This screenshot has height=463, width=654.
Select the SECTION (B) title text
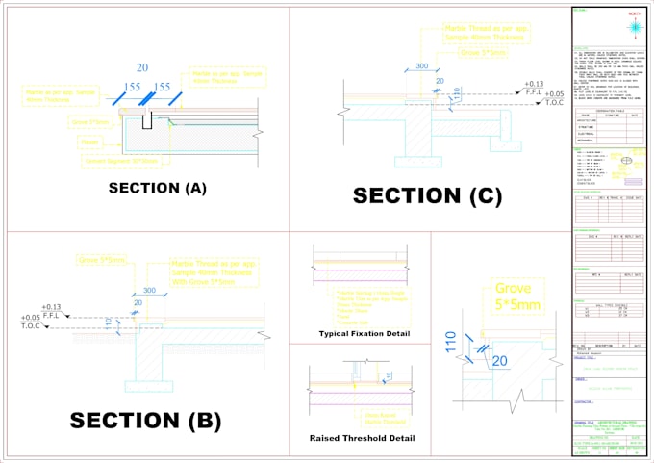click(x=145, y=420)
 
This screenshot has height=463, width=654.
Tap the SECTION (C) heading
click(x=427, y=196)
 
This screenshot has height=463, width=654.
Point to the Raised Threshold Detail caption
click(x=363, y=438)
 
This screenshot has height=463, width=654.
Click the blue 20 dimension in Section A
click(x=142, y=67)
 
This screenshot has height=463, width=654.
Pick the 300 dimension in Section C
click(x=421, y=66)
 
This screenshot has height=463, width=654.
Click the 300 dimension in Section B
click(x=149, y=290)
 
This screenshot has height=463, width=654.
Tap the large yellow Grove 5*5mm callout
click(x=519, y=296)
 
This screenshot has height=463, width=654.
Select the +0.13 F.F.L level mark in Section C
click(x=534, y=88)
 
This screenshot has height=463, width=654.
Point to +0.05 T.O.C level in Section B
click(x=31, y=322)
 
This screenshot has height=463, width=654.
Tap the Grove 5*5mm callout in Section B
click(x=101, y=260)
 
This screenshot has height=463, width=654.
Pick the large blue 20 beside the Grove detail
click(x=498, y=361)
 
